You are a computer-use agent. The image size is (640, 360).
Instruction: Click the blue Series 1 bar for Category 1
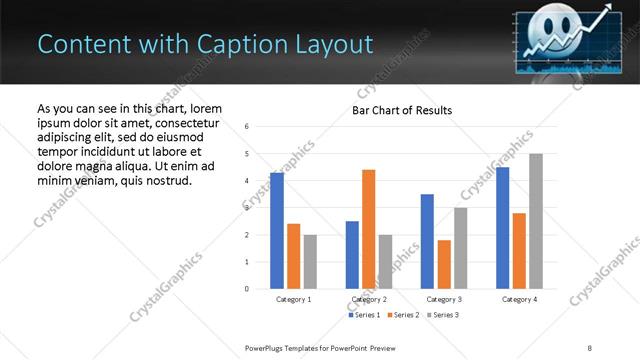click(x=277, y=231)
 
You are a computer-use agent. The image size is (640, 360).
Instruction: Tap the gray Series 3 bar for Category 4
click(x=536, y=221)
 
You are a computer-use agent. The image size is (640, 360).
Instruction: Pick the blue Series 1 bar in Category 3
click(x=427, y=241)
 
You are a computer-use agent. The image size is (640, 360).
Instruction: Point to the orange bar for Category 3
click(x=444, y=264)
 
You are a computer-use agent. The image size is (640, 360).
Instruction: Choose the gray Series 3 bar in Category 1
click(x=310, y=262)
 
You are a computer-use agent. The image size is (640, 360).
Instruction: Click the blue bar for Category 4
click(x=502, y=228)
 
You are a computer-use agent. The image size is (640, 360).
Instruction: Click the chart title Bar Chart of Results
click(x=402, y=110)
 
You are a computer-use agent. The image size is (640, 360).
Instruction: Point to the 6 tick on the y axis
click(x=247, y=127)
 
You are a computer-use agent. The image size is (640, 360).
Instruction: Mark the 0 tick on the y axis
click(x=247, y=289)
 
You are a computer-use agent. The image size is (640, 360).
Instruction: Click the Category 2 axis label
click(x=368, y=299)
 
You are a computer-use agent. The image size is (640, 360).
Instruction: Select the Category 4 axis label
click(x=519, y=299)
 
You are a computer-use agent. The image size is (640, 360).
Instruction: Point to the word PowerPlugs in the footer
click(x=266, y=347)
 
